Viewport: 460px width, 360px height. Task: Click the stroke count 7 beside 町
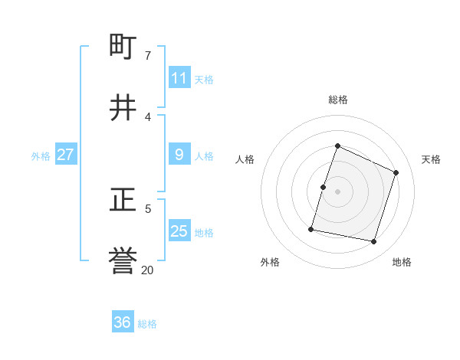(148, 55)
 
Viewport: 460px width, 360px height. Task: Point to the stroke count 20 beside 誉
(147, 270)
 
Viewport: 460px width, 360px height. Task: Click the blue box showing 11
(179, 78)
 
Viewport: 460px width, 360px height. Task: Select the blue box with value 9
(179, 155)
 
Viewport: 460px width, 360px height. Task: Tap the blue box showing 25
(179, 231)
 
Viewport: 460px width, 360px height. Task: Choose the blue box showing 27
(65, 155)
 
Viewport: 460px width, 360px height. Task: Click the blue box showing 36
(123, 322)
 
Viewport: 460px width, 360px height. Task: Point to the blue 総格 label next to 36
(147, 324)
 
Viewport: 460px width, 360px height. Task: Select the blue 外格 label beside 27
(41, 156)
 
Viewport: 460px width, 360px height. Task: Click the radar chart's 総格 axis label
(338, 100)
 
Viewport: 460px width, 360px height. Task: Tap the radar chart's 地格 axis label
(402, 262)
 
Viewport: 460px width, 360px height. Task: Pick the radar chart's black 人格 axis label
(245, 159)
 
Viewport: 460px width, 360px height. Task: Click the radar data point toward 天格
(396, 172)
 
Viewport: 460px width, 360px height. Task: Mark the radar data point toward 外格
(312, 229)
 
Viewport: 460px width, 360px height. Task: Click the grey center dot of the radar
(338, 191)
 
